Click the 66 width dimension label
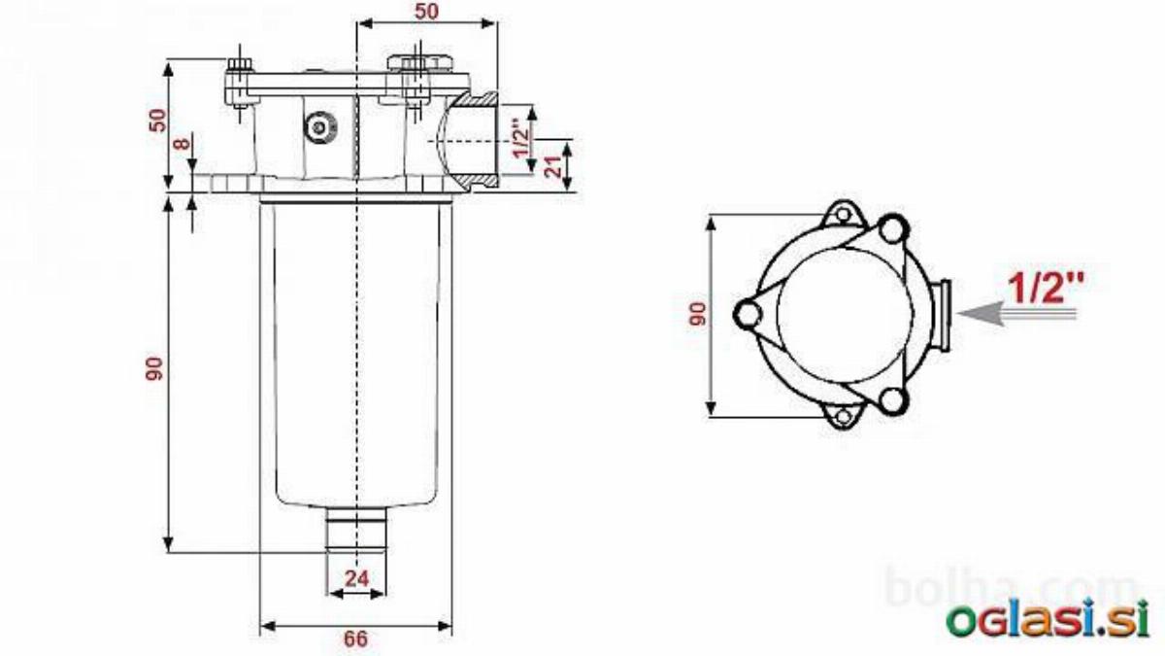click(x=355, y=639)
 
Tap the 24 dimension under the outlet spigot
click(x=357, y=578)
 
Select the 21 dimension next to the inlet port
click(x=554, y=166)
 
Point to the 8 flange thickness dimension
click(x=183, y=142)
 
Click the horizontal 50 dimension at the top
click(x=426, y=12)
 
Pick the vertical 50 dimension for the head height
click(x=158, y=121)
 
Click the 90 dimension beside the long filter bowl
click(x=154, y=368)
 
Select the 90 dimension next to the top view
click(x=698, y=314)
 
